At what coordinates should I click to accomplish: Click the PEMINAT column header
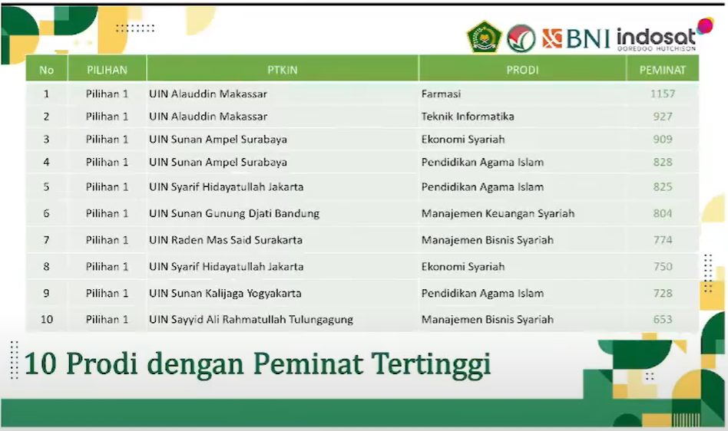coord(662,70)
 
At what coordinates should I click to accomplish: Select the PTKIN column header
coord(283,70)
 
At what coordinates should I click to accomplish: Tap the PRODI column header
coord(522,70)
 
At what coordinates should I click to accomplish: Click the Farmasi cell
coord(441,94)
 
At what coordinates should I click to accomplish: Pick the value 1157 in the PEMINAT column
coord(663,94)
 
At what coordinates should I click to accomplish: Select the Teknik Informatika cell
coord(468,117)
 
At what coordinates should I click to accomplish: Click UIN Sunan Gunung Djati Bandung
coord(234,214)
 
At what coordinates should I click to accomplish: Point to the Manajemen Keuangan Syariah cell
coord(498,214)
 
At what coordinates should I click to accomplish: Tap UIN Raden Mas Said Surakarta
coord(226,240)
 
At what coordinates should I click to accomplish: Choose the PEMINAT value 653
coord(663,319)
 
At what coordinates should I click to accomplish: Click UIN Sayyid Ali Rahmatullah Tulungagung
coord(250,320)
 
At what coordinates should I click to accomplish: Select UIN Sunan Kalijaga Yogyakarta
coord(225,294)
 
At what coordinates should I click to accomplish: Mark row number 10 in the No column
coord(46,319)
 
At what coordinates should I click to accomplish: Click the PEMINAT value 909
coord(663,139)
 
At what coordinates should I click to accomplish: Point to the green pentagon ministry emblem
coord(485,37)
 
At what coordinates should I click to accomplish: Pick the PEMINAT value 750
coord(663,266)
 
